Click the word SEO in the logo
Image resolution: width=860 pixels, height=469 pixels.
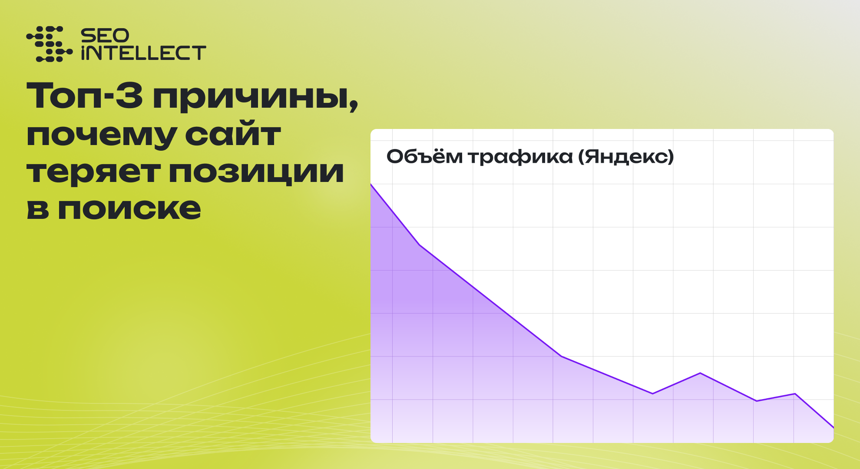105,36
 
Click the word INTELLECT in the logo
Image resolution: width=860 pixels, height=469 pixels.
143,53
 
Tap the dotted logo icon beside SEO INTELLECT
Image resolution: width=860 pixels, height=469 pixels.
49,44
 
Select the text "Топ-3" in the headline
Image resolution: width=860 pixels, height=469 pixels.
85,96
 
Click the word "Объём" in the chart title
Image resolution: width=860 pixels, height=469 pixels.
424,156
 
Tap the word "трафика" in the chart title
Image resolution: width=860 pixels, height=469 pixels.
520,158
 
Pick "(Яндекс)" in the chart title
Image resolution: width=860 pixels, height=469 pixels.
626,156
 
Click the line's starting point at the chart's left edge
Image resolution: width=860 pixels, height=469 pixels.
371,185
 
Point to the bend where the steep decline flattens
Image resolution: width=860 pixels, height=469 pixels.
561,356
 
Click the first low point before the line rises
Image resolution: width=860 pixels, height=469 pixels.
652,393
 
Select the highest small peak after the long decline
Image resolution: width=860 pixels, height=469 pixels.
700,373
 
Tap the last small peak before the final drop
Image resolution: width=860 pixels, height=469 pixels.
795,393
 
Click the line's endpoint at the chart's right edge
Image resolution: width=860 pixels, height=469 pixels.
833,428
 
